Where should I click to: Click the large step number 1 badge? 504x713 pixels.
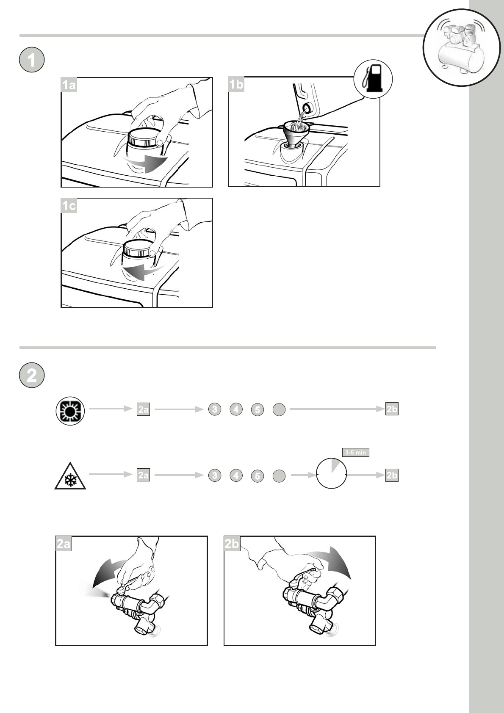click(32, 61)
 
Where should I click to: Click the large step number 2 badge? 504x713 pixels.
click(32, 375)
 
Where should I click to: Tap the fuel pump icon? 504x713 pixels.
click(373, 79)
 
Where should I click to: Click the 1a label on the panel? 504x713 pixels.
click(69, 86)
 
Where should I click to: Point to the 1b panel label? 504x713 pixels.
click(236, 85)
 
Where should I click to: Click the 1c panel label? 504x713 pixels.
click(69, 206)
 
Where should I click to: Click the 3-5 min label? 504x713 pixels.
click(355, 453)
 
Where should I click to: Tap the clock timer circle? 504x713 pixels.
click(332, 473)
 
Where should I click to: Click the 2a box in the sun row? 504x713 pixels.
click(144, 410)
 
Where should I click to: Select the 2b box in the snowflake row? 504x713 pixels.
click(392, 475)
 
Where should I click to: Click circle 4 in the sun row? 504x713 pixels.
click(236, 409)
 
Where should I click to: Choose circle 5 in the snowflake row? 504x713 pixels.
click(257, 476)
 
